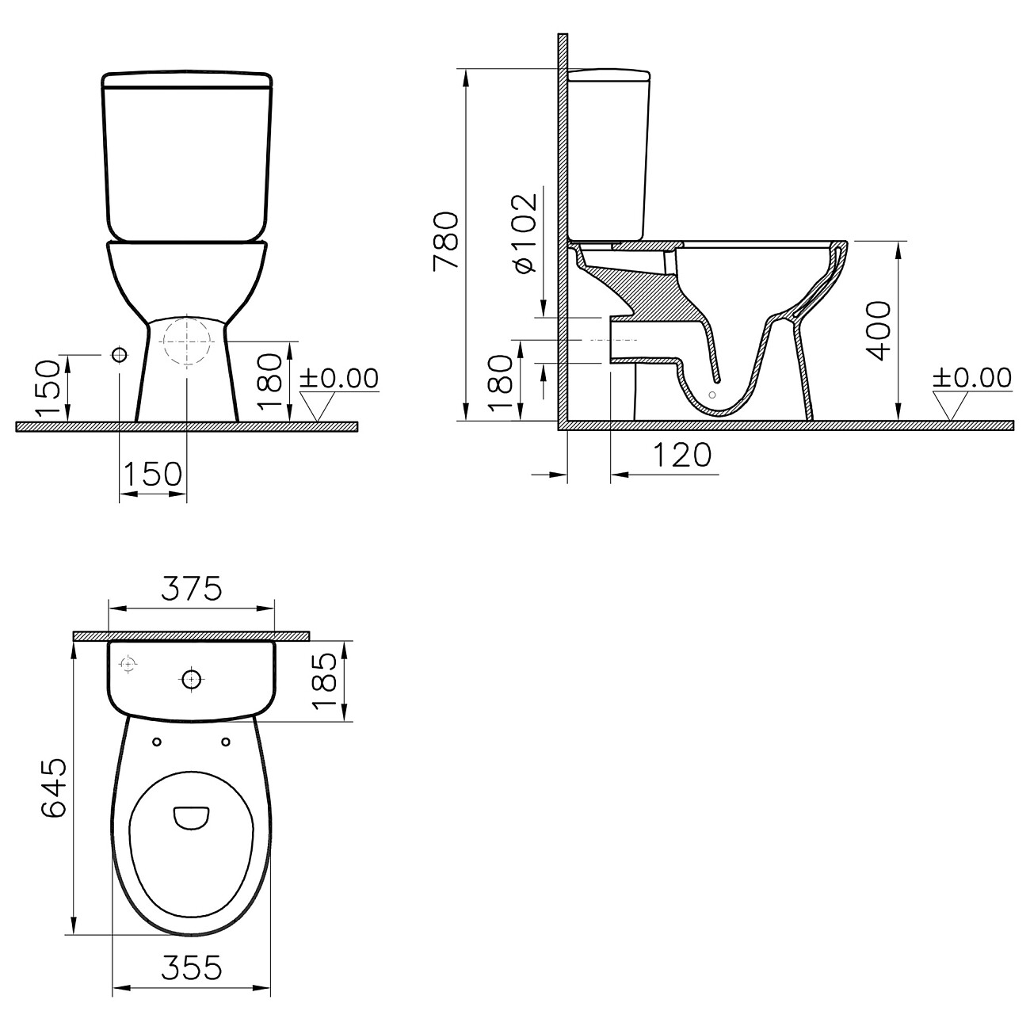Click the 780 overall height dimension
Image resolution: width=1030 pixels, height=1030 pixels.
tap(444, 240)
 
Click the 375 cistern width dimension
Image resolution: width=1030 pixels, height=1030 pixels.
tap(191, 589)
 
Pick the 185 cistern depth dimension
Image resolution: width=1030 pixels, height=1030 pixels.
tap(325, 681)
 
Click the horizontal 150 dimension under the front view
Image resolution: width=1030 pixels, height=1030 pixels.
tap(153, 474)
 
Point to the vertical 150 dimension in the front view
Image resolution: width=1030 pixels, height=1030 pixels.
tap(48, 387)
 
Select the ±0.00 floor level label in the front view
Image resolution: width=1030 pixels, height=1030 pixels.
tap(338, 378)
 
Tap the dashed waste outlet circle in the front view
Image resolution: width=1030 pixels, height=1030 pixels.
tap(186, 342)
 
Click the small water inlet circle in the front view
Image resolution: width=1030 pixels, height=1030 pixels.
tap(120, 353)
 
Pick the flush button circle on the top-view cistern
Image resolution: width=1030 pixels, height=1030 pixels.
tap(191, 679)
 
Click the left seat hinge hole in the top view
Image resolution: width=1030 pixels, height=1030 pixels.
tap(156, 742)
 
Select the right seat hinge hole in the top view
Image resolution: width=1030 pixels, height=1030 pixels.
tap(226, 742)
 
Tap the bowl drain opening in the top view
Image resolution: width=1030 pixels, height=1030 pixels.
tap(191, 818)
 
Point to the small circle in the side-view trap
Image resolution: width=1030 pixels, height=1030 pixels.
tap(711, 394)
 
